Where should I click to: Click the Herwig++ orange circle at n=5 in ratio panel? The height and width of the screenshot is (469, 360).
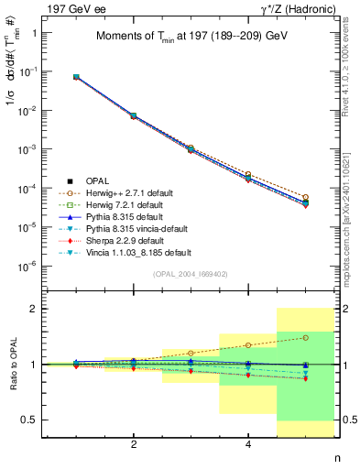(x=305, y=337)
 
